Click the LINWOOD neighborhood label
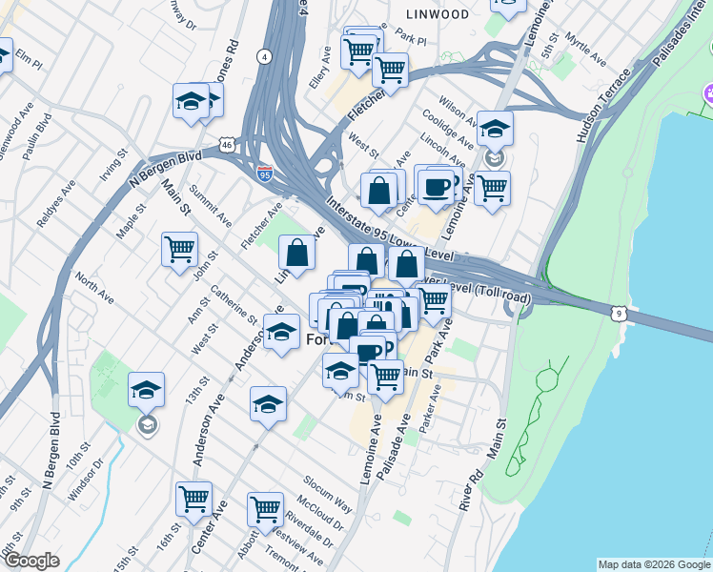click(x=438, y=14)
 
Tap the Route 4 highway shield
click(x=264, y=56)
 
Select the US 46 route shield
click(x=226, y=145)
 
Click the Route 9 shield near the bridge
click(x=620, y=313)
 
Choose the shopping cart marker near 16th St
click(x=194, y=499)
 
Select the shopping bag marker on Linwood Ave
click(x=297, y=254)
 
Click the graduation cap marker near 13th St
click(x=146, y=389)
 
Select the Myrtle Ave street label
click(x=585, y=50)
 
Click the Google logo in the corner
click(x=31, y=561)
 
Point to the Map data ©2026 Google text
click(x=653, y=564)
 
